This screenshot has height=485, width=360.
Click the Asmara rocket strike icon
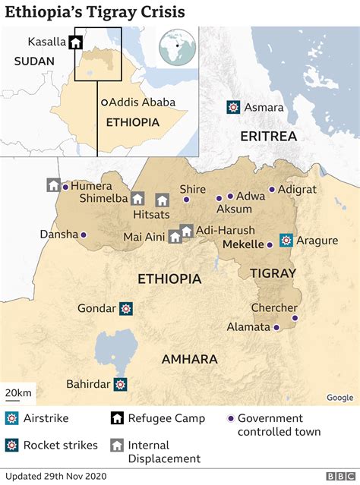tap(233, 108)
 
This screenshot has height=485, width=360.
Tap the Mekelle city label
tap(243, 244)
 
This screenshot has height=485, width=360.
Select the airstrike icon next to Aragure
tap(286, 240)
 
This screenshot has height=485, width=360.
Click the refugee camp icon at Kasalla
tap(75, 43)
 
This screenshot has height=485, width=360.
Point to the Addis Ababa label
tap(142, 102)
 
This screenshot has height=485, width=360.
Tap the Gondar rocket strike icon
tap(126, 308)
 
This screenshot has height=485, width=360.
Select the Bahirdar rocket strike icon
tap(120, 385)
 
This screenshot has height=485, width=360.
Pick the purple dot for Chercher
tap(295, 318)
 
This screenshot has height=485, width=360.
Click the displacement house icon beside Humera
tap(53, 185)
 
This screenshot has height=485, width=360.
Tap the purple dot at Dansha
tap(84, 235)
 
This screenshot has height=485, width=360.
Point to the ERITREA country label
tap(267, 136)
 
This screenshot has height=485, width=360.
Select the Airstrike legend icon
tap(12, 419)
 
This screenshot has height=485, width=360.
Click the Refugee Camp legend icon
tap(118, 419)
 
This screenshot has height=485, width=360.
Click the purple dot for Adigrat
tap(271, 190)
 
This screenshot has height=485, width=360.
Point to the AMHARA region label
tap(189, 359)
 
